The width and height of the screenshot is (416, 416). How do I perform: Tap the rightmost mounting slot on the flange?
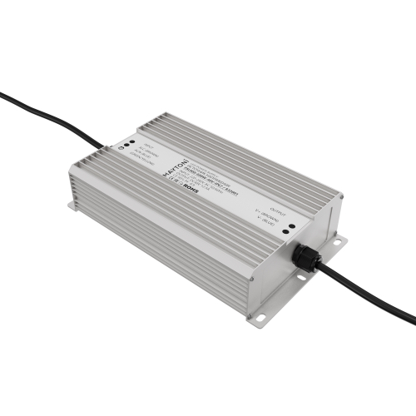click(x=339, y=242)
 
